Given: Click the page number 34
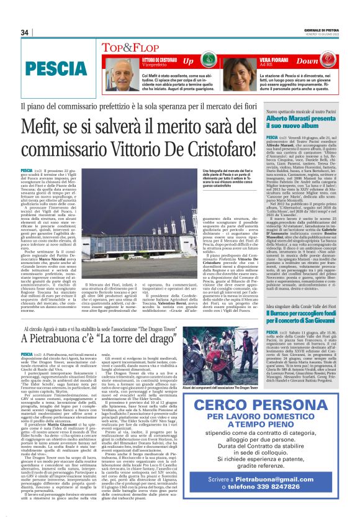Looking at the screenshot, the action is click(25, 32).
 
